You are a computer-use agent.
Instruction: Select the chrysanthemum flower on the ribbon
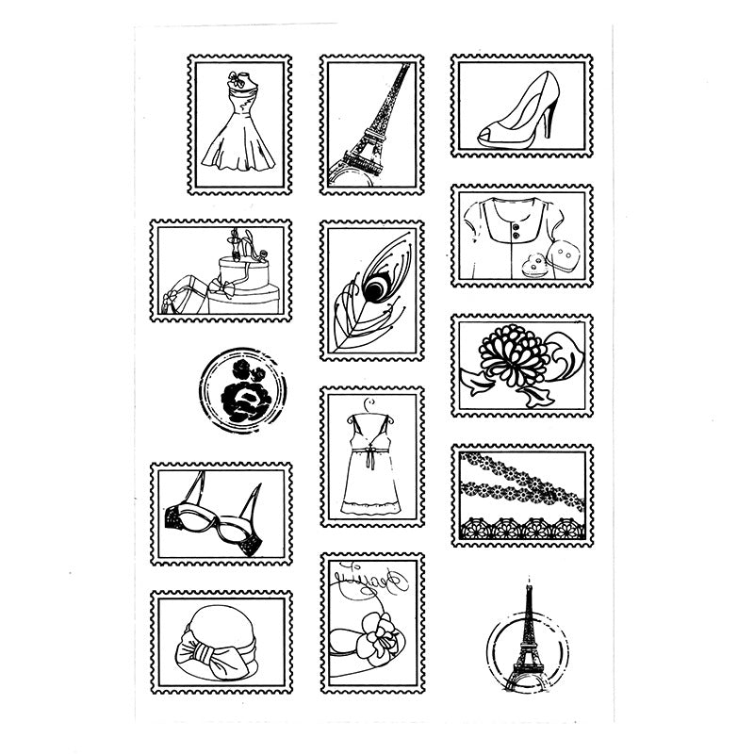coord(514,355)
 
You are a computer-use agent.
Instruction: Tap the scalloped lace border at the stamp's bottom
coord(521,531)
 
